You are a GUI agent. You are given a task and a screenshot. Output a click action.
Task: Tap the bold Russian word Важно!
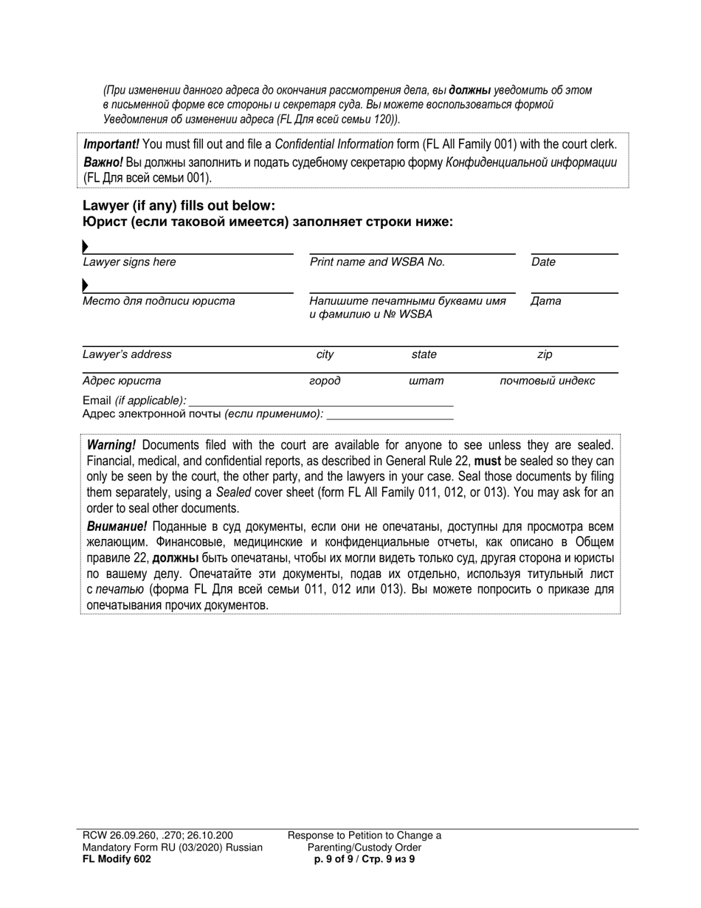click(103, 162)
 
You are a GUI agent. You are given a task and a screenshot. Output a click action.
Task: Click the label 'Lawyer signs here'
click(129, 262)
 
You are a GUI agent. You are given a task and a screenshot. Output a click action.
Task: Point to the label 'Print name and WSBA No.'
click(377, 262)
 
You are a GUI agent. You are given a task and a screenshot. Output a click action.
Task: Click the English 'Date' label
click(543, 262)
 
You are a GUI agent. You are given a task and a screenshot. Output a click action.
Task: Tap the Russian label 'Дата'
click(545, 301)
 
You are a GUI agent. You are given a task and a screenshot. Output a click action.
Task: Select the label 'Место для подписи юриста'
click(159, 301)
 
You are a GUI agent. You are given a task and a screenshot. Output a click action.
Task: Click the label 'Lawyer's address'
click(127, 354)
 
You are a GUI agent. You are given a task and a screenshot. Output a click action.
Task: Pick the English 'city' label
click(325, 354)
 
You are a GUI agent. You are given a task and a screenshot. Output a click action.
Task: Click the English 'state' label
click(424, 354)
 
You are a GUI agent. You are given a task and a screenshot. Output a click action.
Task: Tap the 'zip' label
click(545, 354)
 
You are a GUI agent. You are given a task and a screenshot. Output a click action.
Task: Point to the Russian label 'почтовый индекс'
click(547, 382)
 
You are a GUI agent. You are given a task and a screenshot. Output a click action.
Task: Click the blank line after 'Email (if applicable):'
click(321, 402)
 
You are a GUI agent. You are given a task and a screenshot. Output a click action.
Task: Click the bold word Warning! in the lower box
click(111, 445)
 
